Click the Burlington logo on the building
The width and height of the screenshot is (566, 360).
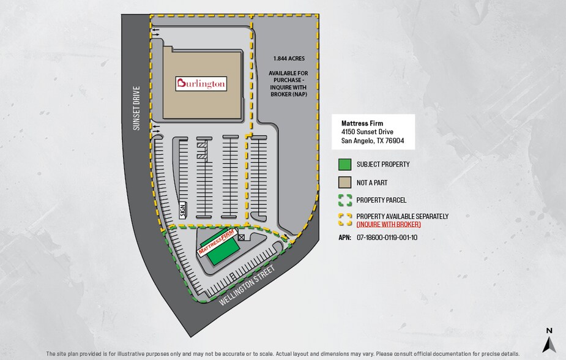pos(201,83)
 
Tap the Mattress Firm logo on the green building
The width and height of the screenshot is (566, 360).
pos(217,242)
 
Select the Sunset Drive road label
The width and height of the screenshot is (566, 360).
pos(136,108)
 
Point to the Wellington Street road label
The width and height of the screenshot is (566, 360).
pos(247,285)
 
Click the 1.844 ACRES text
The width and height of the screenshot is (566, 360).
pos(289,58)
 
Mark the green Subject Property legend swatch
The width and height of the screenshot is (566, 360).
pos(344,164)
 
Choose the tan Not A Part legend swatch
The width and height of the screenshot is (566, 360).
pos(344,182)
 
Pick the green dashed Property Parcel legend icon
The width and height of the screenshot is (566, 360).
pos(344,200)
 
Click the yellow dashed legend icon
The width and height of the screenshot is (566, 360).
pos(344,219)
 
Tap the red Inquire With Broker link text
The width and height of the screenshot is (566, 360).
pos(389,224)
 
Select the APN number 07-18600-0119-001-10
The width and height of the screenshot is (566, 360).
pos(387,237)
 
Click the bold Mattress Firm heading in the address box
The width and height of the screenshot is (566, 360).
pos(362,123)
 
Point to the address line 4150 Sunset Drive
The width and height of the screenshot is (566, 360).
pos(367,132)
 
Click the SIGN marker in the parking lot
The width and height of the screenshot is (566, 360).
pos(183,210)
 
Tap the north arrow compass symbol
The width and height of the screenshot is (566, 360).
pos(549,340)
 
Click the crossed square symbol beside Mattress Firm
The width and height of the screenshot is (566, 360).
pos(241,237)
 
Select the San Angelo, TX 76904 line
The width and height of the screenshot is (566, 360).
pos(373,140)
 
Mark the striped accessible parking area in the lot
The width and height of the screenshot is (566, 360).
pos(202,150)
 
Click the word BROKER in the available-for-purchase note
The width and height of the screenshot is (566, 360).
pos(281,94)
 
